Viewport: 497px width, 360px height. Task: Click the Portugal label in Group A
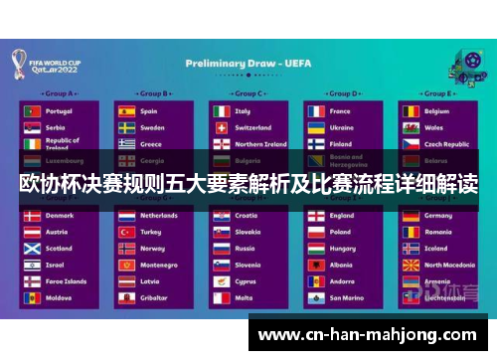point(59,111)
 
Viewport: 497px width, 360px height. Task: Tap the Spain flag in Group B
point(126,111)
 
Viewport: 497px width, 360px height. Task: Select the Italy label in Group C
point(243,111)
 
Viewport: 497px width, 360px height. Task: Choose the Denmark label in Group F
point(60,215)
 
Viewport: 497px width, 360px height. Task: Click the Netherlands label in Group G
point(159,215)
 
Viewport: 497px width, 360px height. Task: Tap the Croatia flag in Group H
point(221,215)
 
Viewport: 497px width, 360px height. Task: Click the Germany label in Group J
point(438,215)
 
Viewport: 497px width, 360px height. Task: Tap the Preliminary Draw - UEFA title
point(248,63)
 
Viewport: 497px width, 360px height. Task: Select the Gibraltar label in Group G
point(153,297)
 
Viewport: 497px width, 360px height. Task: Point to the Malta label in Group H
point(245,297)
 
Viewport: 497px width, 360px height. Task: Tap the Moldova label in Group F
point(59,297)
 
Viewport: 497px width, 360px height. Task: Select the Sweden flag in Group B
point(126,127)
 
